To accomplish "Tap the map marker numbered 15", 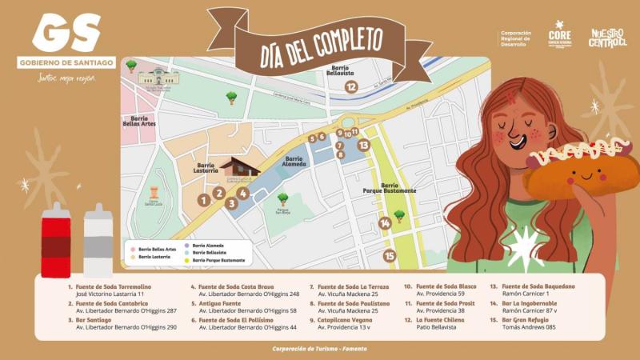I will [390, 256].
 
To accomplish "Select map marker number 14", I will [385, 223].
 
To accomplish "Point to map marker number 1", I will [205, 200].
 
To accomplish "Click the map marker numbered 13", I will [363, 145].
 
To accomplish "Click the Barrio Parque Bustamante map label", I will [388, 188].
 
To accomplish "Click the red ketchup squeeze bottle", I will [57, 239].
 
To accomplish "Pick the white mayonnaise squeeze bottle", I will [98, 239].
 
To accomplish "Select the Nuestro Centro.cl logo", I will [607, 37].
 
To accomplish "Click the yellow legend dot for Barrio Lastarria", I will [133, 257].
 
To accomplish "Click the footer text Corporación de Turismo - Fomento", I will [319, 349].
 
